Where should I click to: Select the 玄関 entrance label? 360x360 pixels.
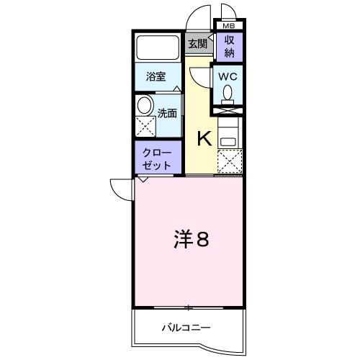click(x=197, y=44)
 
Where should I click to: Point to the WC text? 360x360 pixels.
click(x=228, y=75)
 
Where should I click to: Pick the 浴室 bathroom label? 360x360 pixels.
click(x=156, y=76)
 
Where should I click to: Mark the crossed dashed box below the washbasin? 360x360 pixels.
click(x=145, y=128)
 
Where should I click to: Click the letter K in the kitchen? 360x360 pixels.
click(x=204, y=138)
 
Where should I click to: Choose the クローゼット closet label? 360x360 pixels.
click(x=157, y=158)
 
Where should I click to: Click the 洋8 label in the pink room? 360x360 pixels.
click(x=191, y=239)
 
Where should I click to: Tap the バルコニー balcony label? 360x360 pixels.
click(x=185, y=328)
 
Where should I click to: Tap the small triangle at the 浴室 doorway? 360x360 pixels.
click(x=175, y=89)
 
